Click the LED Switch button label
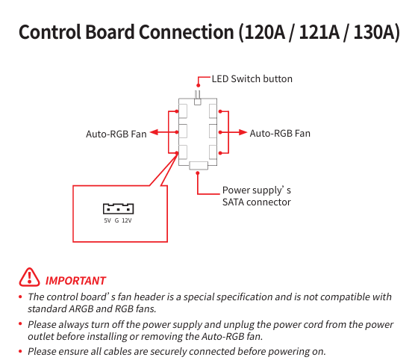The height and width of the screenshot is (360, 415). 252,79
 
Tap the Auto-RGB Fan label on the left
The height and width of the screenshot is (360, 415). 116,134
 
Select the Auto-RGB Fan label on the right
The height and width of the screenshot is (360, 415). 280,133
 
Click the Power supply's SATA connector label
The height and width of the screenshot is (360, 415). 257,196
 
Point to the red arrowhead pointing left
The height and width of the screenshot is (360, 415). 154,132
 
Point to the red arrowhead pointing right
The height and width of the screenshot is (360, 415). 243,132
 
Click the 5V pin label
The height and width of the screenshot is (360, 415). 107,220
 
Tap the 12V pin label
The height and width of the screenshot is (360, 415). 126,220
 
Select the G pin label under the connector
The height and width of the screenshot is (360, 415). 116,220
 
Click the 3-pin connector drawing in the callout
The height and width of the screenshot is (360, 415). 119,208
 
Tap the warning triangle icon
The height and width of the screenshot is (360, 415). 29,277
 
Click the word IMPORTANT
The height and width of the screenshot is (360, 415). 75,281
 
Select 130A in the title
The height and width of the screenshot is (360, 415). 377,32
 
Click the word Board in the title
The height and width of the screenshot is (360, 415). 110,32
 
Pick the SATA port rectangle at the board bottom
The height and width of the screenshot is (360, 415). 199,166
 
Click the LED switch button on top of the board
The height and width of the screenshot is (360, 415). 198,98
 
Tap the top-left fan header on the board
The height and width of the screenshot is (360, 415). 183,111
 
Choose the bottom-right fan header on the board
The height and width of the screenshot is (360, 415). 213,152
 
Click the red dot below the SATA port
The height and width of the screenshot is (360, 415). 198,173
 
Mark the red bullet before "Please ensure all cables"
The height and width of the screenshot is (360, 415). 20,351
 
